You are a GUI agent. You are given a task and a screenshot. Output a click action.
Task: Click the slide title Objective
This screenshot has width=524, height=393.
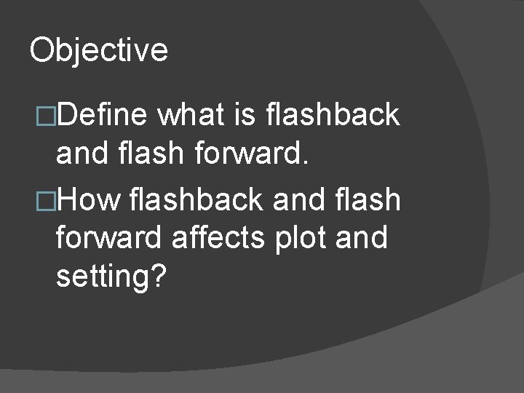(98, 50)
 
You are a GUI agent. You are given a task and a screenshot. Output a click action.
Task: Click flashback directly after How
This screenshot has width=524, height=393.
(195, 199)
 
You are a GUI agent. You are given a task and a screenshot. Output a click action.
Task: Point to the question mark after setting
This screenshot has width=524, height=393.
(159, 277)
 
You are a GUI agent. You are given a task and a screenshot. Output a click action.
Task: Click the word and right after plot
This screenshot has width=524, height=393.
(361, 238)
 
